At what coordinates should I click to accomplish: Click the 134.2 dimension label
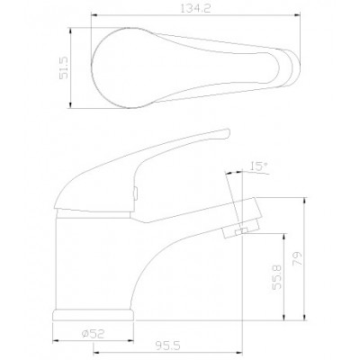pos(195,8)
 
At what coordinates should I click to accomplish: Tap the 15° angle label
pos(258,166)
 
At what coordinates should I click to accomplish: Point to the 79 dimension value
pos(297,258)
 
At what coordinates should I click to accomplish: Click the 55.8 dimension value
pos(276,276)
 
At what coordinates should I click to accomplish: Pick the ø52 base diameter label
pos(93,334)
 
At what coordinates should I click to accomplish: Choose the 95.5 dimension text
pos(167,346)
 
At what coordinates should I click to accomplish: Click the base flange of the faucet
pos(93,315)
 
